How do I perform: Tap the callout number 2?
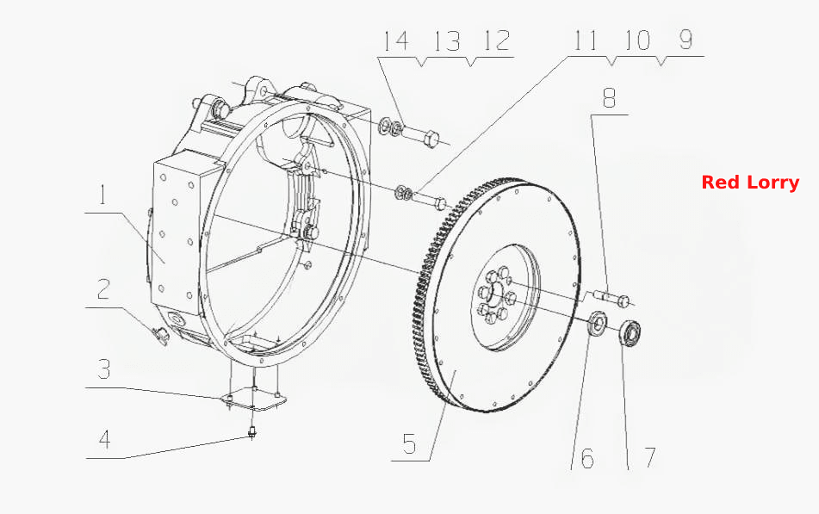pos(103,289)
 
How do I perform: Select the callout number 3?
pos(104,368)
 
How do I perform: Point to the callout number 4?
pos(104,439)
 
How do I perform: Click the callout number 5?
pos(410,443)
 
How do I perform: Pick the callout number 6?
pos(587,458)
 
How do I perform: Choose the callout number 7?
pos(649,457)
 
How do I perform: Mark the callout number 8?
pos(609,97)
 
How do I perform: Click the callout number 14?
pos(396,40)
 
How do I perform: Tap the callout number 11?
pos(585,40)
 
